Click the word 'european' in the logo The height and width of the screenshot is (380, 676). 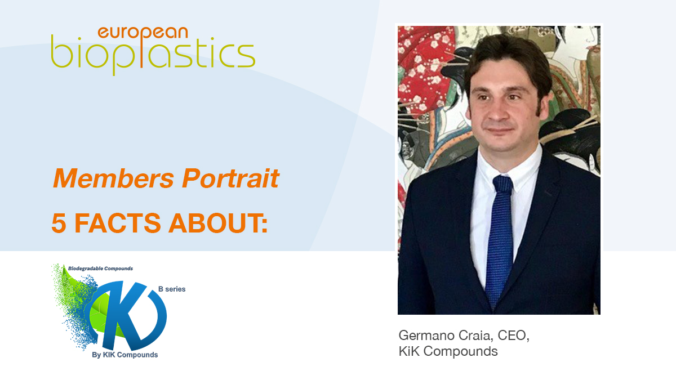(x=143, y=33)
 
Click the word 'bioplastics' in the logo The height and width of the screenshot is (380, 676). (x=153, y=55)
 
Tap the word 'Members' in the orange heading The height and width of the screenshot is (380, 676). (x=113, y=178)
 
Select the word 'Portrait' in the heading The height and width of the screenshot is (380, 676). (x=230, y=178)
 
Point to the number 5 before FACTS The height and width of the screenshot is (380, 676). (x=59, y=223)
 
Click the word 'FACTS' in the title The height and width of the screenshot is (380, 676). (x=117, y=223)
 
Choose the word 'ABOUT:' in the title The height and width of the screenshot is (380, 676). (x=218, y=223)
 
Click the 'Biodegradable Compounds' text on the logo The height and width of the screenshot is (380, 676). (x=100, y=269)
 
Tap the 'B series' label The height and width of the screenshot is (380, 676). (x=172, y=289)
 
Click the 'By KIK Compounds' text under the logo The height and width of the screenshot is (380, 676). (x=125, y=355)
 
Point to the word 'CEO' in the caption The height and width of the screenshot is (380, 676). (x=512, y=336)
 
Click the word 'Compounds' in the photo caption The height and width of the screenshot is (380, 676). (x=461, y=351)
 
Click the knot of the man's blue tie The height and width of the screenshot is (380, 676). (x=502, y=184)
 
